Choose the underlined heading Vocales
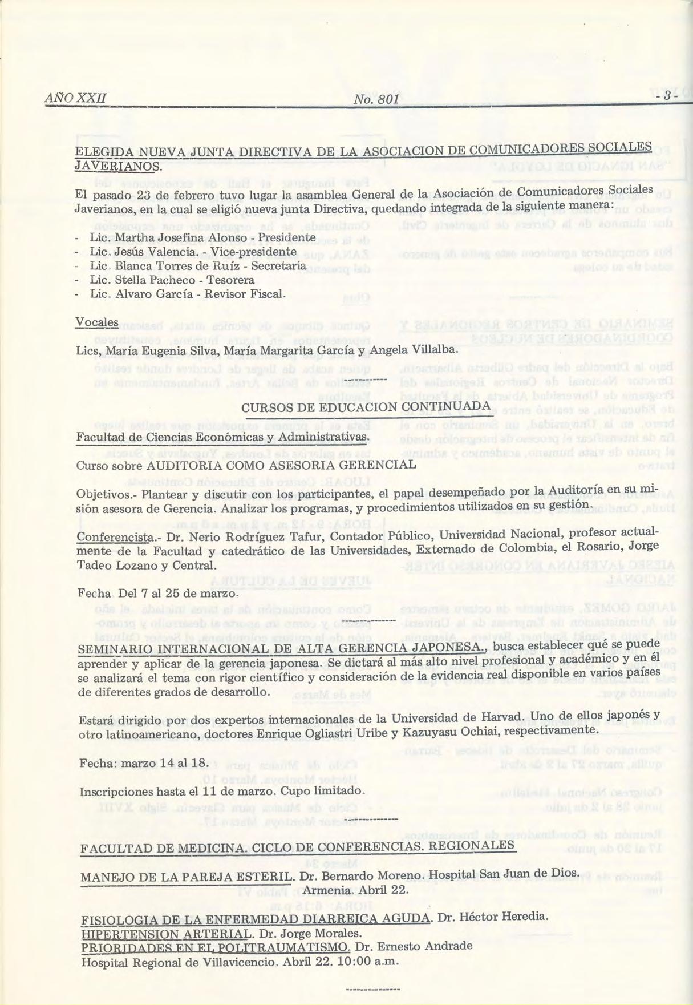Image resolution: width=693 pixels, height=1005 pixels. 97,322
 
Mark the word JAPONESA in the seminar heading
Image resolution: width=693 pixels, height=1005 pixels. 445,648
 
